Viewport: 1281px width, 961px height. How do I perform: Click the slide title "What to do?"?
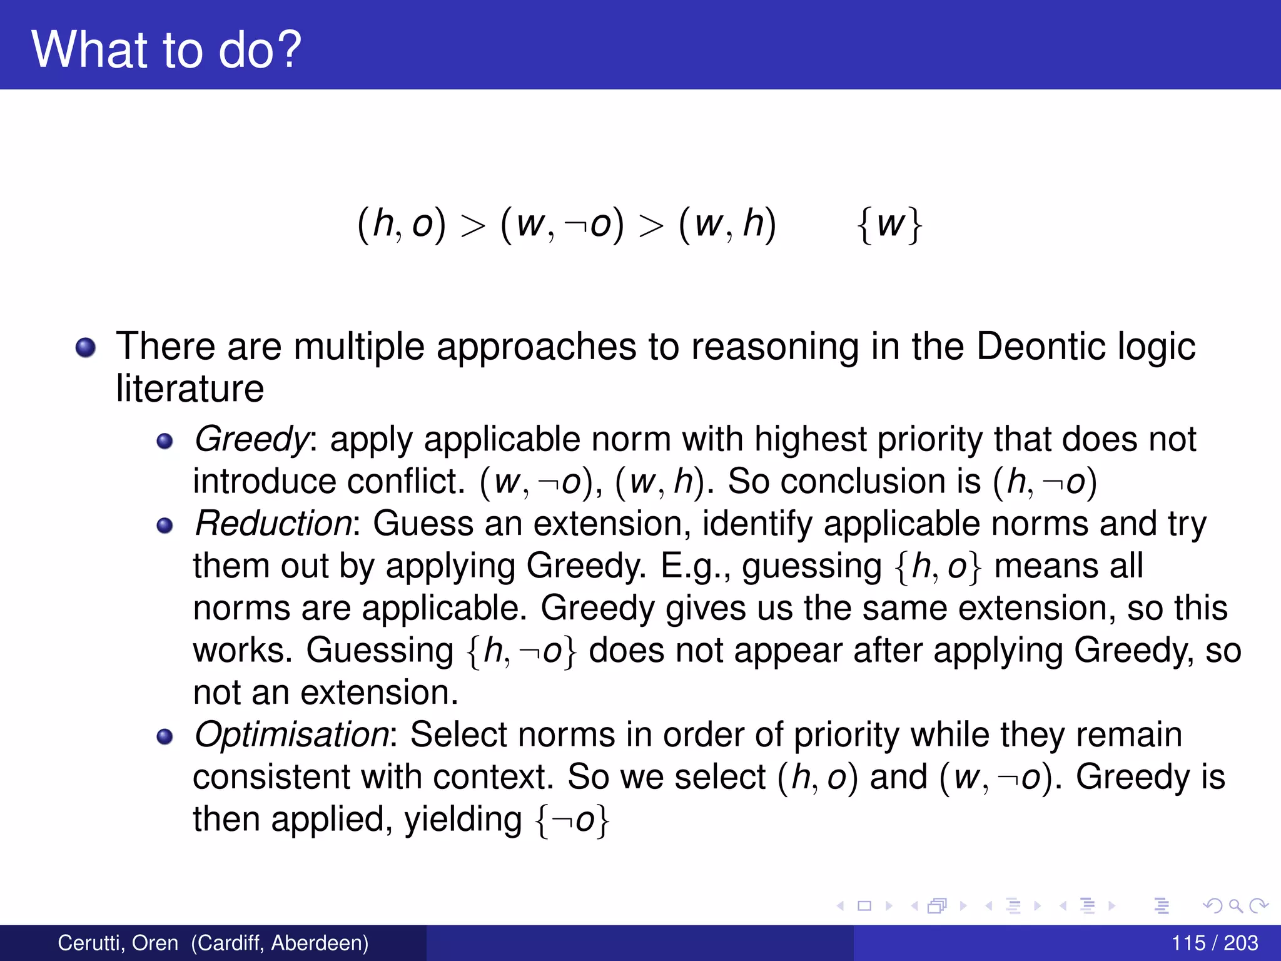(166, 49)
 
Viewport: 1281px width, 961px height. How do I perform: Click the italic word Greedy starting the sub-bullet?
(251, 439)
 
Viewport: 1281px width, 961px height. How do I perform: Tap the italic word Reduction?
(273, 524)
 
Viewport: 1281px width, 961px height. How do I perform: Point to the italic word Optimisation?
(291, 735)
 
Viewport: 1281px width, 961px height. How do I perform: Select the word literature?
(190, 389)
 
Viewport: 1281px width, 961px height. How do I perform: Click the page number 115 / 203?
(1214, 943)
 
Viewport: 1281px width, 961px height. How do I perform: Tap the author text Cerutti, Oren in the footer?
(118, 943)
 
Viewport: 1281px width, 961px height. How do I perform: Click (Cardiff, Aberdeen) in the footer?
(280, 943)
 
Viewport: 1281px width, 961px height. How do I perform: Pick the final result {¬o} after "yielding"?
(572, 820)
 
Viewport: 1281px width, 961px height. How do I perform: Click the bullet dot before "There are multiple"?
(86, 347)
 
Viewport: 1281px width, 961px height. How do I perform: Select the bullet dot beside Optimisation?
(165, 736)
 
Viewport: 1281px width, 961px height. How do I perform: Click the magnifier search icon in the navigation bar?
(1235, 905)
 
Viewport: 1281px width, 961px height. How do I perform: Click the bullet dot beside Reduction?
(165, 526)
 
